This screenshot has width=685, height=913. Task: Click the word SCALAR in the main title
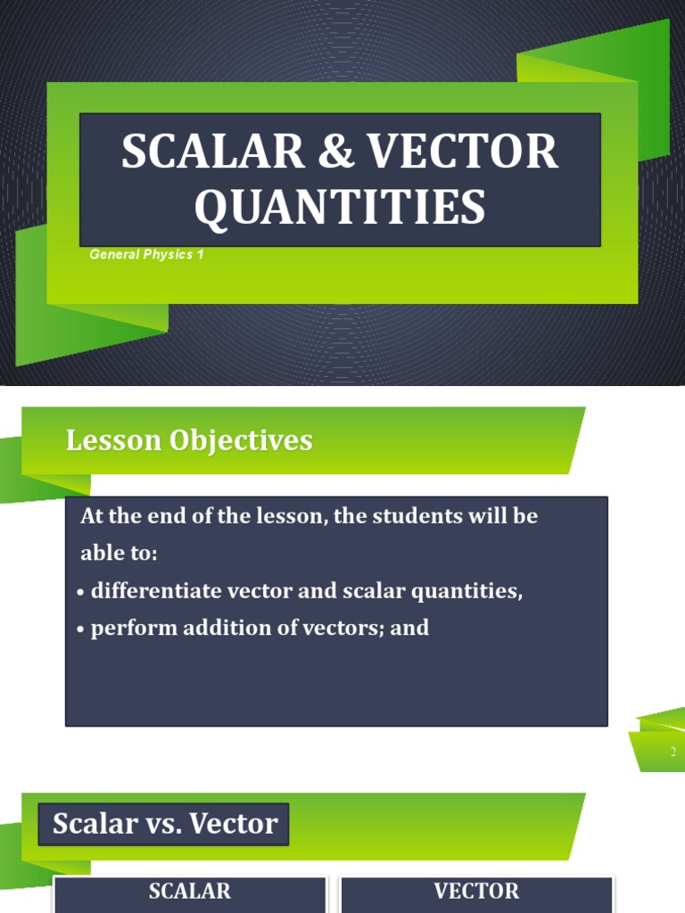tap(199, 152)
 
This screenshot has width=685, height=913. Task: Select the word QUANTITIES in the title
tap(340, 207)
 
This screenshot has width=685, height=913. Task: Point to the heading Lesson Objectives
tap(189, 440)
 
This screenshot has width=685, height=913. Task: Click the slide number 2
tap(673, 753)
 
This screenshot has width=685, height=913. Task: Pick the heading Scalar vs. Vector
tap(165, 824)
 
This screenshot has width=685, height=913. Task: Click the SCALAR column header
tap(190, 891)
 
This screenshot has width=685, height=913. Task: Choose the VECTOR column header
tap(476, 891)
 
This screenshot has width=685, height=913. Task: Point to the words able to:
tap(119, 553)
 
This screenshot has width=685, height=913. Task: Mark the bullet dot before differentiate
tap(81, 593)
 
